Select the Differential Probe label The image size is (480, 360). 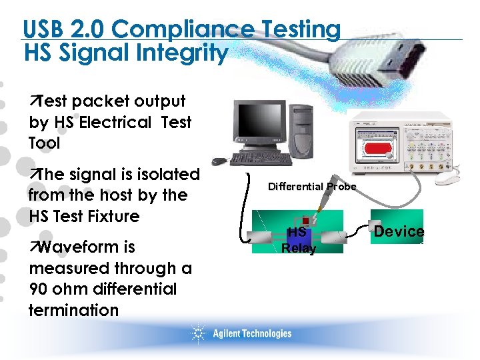[311, 187]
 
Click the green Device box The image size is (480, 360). [399, 231]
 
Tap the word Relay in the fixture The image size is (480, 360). [298, 248]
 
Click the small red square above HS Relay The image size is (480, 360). [305, 221]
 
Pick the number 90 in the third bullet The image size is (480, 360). [39, 289]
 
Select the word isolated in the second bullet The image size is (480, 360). [168, 175]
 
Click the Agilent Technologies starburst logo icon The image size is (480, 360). [198, 333]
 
